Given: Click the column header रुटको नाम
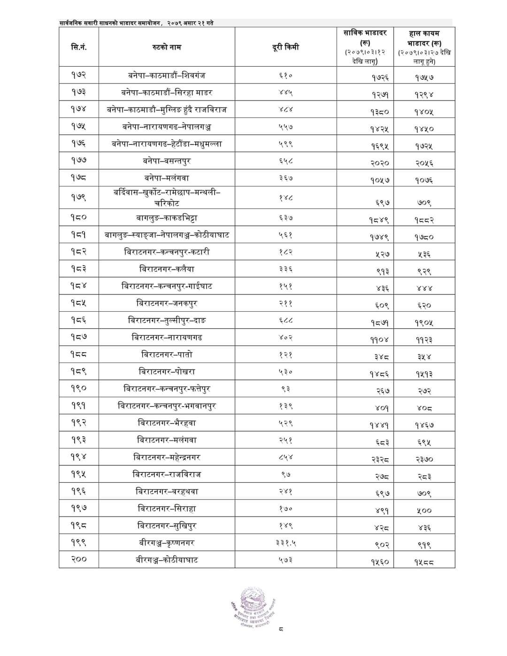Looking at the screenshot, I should pyautogui.click(x=167, y=47).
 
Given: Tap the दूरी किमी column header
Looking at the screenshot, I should pyautogui.click(x=285, y=47).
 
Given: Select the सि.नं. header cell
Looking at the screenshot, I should pyautogui.click(x=79, y=47).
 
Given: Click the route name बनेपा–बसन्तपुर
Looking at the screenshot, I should pyautogui.click(x=167, y=161).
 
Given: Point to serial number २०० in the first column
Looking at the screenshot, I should pyautogui.click(x=79, y=559).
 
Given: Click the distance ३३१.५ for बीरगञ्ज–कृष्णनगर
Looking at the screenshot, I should pyautogui.click(x=285, y=543).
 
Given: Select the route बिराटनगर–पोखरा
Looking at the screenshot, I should pyautogui.click(x=167, y=371).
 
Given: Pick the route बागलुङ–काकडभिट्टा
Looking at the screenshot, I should pyautogui.click(x=167, y=217).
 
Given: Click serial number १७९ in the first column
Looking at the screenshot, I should pyautogui.click(x=79, y=198).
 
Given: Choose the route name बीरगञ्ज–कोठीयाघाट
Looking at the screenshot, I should pyautogui.click(x=167, y=560).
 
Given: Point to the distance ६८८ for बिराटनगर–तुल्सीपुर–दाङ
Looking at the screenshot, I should pyautogui.click(x=285, y=321).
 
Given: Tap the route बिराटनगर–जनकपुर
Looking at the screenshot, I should pyautogui.click(x=167, y=303).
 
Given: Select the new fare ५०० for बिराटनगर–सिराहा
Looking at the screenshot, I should pyautogui.click(x=424, y=510).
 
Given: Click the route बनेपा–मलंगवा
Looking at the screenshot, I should pyautogui.click(x=167, y=178).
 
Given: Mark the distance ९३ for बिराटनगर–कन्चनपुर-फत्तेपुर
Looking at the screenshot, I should pyautogui.click(x=285, y=389).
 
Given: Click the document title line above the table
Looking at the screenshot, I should pyautogui.click(x=137, y=23).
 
